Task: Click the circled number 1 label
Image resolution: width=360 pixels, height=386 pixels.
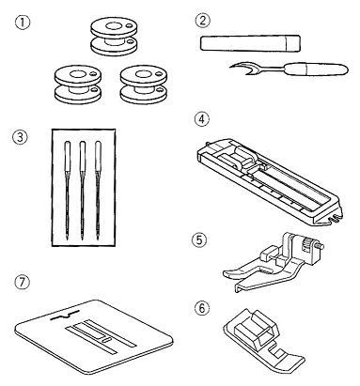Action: [23, 23]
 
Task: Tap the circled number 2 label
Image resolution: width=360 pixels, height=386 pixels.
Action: [203, 21]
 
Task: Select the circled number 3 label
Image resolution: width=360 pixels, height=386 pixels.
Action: [20, 137]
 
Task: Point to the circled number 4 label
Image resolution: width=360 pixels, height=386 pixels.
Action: [202, 119]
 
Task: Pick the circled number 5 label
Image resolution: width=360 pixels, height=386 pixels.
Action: [199, 240]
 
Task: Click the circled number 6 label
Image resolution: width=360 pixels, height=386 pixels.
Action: [201, 308]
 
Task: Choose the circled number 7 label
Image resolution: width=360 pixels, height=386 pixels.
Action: [23, 283]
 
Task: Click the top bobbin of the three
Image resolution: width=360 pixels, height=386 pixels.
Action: [114, 36]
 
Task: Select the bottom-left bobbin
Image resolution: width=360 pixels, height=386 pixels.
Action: [77, 84]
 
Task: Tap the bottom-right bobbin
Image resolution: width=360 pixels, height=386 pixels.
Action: [144, 84]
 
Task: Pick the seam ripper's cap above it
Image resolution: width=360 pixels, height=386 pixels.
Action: [250, 43]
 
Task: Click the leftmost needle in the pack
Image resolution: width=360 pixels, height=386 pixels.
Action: [68, 191]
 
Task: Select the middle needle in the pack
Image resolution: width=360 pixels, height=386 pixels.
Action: [83, 191]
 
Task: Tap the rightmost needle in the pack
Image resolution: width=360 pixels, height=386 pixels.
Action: [98, 191]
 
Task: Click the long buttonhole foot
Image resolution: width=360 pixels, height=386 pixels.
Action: [270, 181]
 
